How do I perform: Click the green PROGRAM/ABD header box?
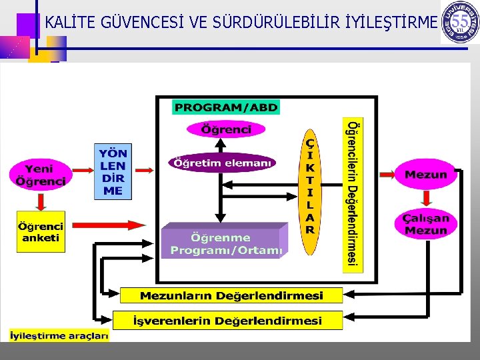pyautogui.click(x=225, y=107)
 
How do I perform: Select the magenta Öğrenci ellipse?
pyautogui.click(x=226, y=129)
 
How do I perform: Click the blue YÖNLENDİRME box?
pyautogui.click(x=113, y=171)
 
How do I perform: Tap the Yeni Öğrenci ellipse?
pyautogui.click(x=41, y=174)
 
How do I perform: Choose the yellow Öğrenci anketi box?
pyautogui.click(x=41, y=231)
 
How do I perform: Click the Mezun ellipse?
pyautogui.click(x=425, y=175)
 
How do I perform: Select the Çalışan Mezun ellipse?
pyautogui.click(x=425, y=224)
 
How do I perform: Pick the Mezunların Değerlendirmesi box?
pyautogui.click(x=231, y=295)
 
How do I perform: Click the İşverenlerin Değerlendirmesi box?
pyautogui.click(x=227, y=321)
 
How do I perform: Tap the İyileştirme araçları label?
pyautogui.click(x=59, y=336)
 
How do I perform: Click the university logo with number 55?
pyautogui.click(x=459, y=23)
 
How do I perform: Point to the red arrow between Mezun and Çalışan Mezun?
pyautogui.click(x=425, y=198)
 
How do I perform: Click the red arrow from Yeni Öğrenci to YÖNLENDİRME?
pyautogui.click(x=83, y=171)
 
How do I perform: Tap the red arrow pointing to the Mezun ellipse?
pyautogui.click(x=387, y=175)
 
